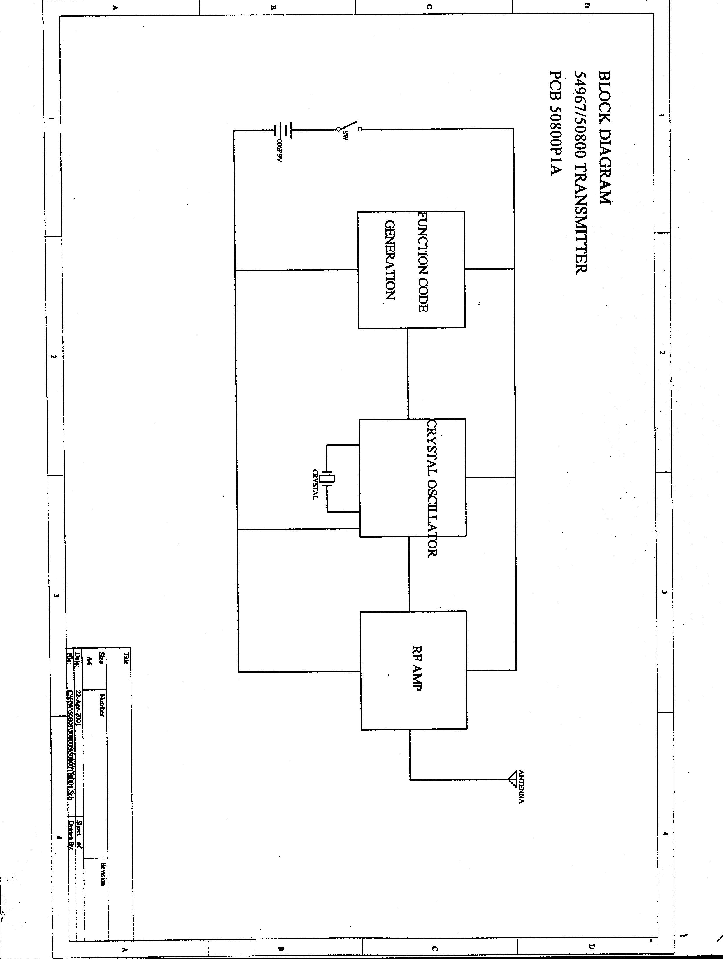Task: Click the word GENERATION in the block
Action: (x=390, y=260)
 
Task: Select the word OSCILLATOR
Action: (x=431, y=518)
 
